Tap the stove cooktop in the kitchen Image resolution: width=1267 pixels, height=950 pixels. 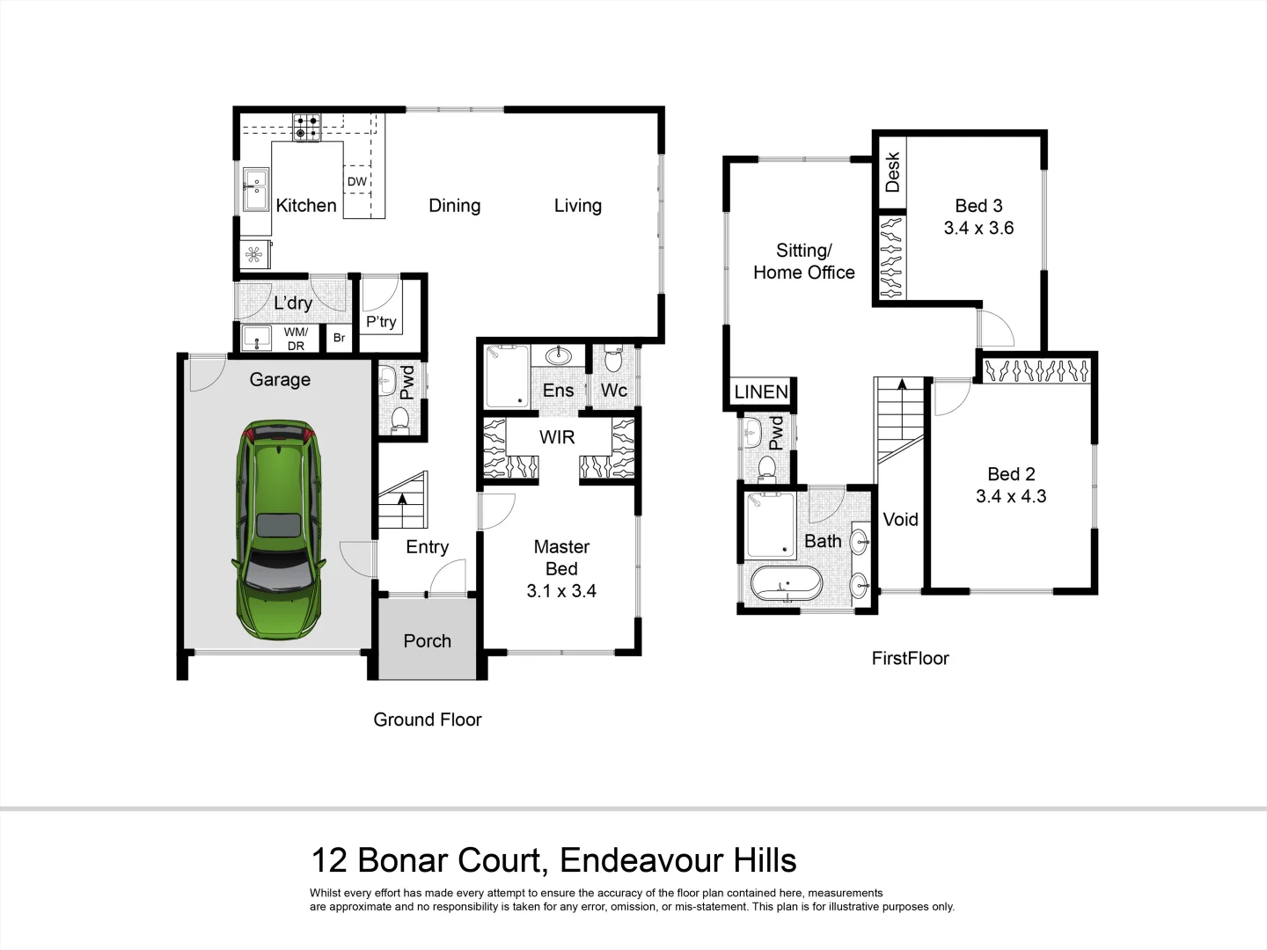click(306, 128)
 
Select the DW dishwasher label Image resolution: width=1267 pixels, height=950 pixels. click(356, 182)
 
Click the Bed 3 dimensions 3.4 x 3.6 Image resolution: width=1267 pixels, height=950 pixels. click(978, 228)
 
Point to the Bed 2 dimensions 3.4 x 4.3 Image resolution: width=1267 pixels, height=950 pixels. click(1011, 496)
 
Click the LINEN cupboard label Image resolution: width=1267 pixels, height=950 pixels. click(761, 392)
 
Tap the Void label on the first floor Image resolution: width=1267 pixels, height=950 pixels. click(900, 519)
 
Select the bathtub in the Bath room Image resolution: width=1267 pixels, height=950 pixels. click(786, 583)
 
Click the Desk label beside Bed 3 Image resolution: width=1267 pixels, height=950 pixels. click(892, 172)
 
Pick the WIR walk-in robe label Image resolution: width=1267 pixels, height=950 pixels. click(556, 437)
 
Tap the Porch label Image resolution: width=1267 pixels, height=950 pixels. click(427, 641)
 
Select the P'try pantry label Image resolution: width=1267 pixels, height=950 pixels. click(382, 322)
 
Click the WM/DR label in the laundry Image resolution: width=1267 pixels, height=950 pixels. click(296, 339)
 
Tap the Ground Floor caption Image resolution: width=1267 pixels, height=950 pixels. click(428, 720)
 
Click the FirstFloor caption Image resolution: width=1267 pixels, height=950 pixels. click(910, 658)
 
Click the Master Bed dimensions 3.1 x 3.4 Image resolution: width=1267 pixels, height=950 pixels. click(560, 591)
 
